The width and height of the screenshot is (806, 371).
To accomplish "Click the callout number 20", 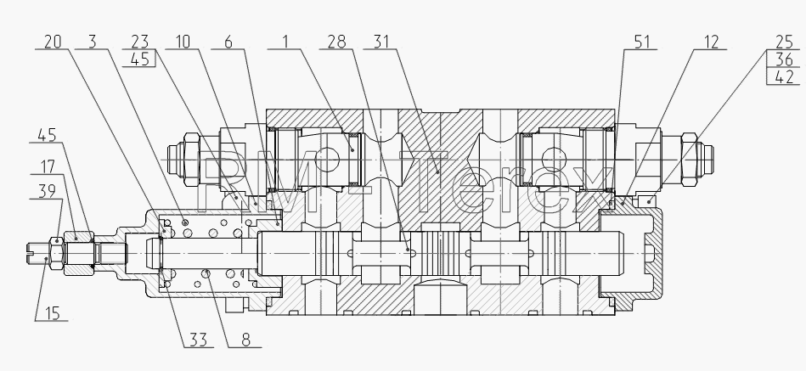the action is tap(53, 42).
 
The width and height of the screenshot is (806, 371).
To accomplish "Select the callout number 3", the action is tap(92, 42).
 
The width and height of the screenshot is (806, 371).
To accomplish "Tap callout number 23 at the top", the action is tap(140, 42).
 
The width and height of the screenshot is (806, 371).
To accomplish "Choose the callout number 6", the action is tap(228, 42).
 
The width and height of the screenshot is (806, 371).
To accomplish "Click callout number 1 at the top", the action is tap(285, 42).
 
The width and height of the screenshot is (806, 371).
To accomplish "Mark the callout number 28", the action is tap(336, 42).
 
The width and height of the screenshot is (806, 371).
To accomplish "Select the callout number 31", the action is tap(380, 42).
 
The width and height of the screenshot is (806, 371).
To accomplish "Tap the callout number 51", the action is tap(642, 42).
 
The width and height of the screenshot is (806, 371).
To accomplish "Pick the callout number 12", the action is tap(711, 42).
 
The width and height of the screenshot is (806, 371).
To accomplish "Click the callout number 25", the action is tap(784, 42).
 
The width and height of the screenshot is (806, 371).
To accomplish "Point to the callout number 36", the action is tap(784, 59).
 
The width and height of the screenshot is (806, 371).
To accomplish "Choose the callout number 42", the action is tap(784, 77).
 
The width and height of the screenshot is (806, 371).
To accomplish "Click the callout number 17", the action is tap(48, 166).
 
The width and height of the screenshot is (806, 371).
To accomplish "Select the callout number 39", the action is tap(48, 191).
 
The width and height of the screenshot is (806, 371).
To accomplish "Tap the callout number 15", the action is tap(53, 313).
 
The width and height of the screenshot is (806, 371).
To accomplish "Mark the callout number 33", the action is tap(199, 340).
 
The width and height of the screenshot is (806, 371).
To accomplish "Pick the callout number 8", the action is tap(245, 340).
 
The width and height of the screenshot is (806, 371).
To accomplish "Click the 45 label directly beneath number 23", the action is tap(140, 59).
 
